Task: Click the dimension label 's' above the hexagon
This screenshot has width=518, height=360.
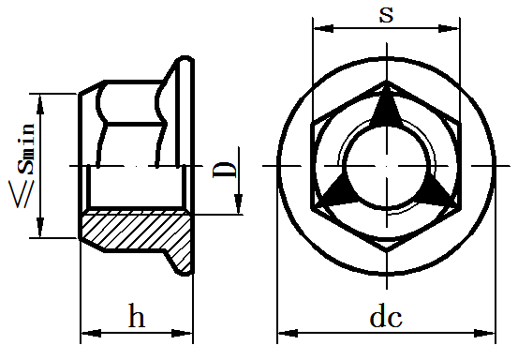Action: (386, 15)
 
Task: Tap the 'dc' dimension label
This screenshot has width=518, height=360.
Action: (386, 318)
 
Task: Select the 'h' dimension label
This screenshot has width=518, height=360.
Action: (137, 315)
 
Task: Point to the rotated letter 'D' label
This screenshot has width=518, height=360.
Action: (225, 170)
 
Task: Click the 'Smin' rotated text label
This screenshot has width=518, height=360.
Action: (26, 149)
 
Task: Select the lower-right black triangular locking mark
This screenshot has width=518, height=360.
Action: (437, 191)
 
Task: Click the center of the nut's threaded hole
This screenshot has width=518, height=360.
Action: (387, 166)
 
